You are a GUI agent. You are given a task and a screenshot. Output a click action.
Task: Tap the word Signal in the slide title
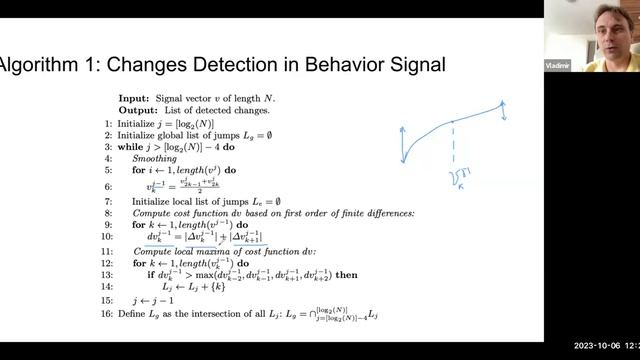click(411, 66)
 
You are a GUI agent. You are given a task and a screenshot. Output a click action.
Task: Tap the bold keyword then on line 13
click(346, 275)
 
